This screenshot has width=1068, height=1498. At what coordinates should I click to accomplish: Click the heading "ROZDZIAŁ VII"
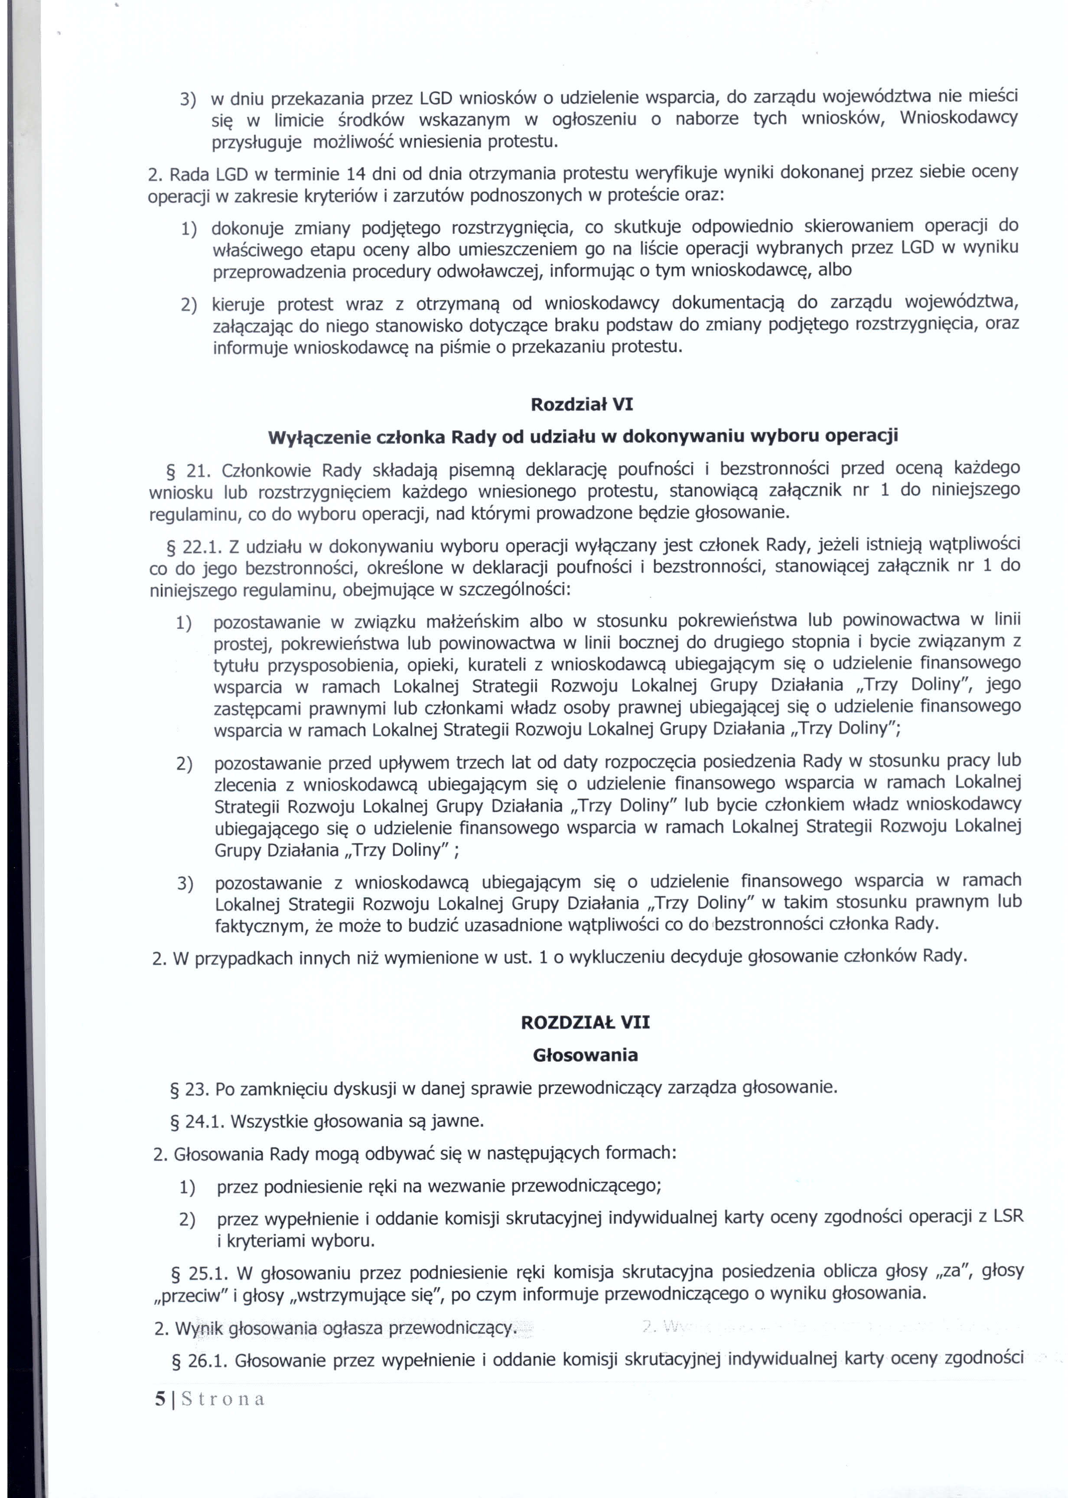(x=585, y=1023)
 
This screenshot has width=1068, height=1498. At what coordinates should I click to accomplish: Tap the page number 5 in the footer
(x=160, y=1399)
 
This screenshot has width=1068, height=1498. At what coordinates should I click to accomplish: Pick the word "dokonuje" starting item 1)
(x=247, y=229)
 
